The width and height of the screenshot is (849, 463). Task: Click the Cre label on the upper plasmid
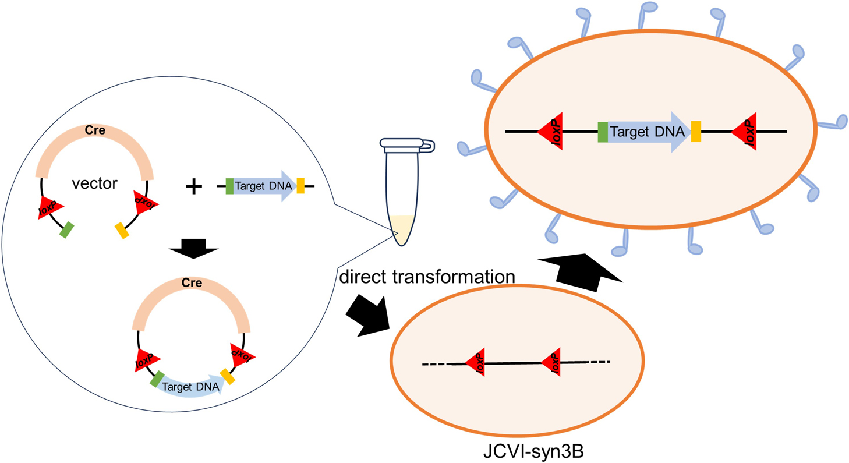pyautogui.click(x=95, y=130)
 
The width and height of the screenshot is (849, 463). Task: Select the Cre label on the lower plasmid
pyautogui.click(x=192, y=284)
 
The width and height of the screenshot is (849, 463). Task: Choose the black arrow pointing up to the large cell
pyautogui.click(x=580, y=268)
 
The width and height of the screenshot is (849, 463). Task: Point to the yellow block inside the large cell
pyautogui.click(x=696, y=132)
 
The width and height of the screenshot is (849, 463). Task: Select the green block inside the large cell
pyautogui.click(x=603, y=132)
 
